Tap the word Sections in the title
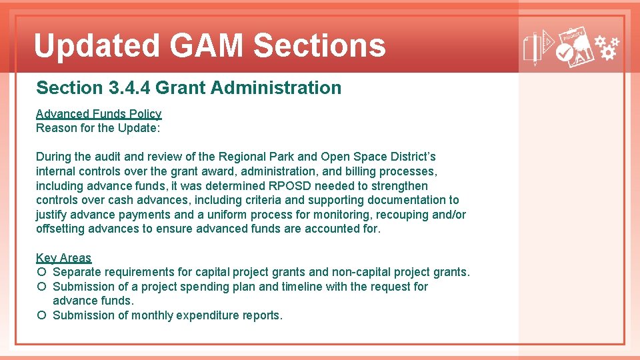pyautogui.click(x=319, y=46)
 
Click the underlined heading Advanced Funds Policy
pyautogui.click(x=99, y=114)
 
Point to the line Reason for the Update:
pyautogui.click(x=98, y=128)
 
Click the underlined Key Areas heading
pyautogui.click(x=63, y=258)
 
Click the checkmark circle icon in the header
pyautogui.click(x=564, y=57)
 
